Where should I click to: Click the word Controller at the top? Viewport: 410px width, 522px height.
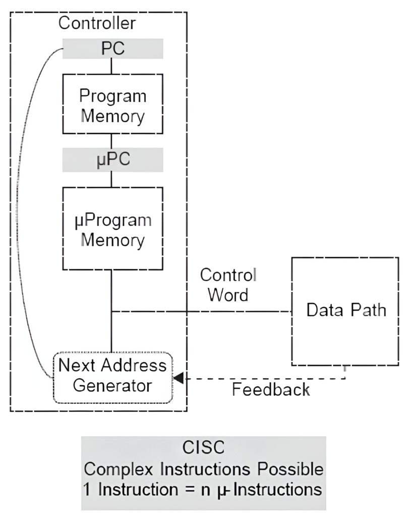(97, 23)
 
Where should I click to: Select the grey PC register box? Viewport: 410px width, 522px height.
(112, 49)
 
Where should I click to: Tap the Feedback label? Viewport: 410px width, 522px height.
(271, 390)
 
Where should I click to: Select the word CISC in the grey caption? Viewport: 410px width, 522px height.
(204, 447)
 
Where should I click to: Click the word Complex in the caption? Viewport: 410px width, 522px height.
(120, 468)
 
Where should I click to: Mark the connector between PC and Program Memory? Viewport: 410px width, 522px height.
(112, 66)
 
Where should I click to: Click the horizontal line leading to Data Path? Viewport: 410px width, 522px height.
(202, 311)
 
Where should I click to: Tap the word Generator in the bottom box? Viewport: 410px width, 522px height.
(112, 386)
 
